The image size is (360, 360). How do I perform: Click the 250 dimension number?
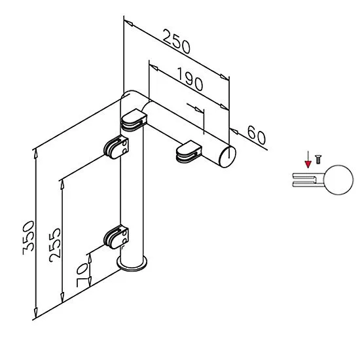coord(177,41)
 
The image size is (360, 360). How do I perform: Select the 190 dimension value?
coord(190,79)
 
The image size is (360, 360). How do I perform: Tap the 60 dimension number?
coord(257,135)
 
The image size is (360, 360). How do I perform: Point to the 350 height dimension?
coord(28,238)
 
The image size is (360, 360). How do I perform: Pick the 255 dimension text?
coord(55,245)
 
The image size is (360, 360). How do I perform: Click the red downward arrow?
coord(308,159)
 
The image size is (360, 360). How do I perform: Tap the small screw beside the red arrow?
coord(318,159)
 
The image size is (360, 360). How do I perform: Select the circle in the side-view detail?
coord(338,180)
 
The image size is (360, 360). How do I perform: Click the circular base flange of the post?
coord(132,263)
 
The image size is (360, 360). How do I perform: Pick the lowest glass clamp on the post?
coord(116,238)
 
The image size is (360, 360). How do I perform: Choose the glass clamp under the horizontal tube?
coord(189,152)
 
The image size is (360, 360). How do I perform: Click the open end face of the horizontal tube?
coord(228,157)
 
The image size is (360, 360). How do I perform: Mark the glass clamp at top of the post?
coord(134,120)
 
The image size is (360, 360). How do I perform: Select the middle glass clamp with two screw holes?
coord(116,147)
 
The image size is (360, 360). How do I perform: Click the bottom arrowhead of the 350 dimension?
coord(35,312)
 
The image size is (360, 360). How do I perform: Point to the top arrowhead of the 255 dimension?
coord(62,185)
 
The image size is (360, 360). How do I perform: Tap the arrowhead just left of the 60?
coord(234,132)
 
